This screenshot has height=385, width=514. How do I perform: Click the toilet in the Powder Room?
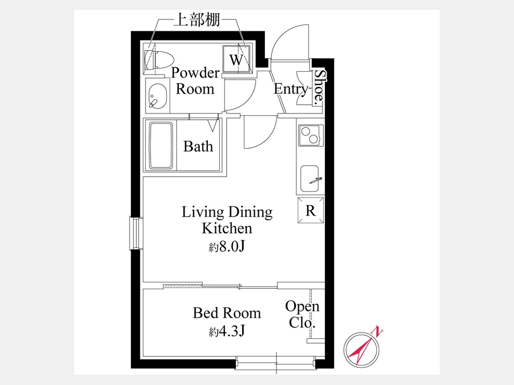click(x=159, y=60)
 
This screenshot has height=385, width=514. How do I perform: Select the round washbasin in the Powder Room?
click(x=158, y=96)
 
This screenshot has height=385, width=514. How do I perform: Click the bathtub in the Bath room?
click(x=161, y=145)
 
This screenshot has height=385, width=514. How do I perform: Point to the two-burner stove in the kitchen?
click(x=311, y=135)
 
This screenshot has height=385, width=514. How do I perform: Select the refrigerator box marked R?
click(x=311, y=210)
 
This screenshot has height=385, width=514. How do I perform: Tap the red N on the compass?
click(x=378, y=331)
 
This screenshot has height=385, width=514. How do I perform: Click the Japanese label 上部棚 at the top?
click(x=196, y=20)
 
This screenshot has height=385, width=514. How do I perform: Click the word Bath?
click(x=198, y=146)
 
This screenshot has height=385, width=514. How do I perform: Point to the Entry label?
click(x=291, y=89)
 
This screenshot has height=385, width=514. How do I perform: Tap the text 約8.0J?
click(x=227, y=246)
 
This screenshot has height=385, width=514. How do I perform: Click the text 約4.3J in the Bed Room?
click(x=227, y=331)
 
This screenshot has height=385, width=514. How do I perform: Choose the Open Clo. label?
click(x=302, y=314)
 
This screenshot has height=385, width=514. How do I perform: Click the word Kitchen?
click(x=227, y=228)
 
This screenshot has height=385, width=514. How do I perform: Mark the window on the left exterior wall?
click(x=135, y=233)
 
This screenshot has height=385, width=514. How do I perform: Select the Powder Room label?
click(x=195, y=80)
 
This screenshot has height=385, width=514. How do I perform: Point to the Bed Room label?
click(x=227, y=313)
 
